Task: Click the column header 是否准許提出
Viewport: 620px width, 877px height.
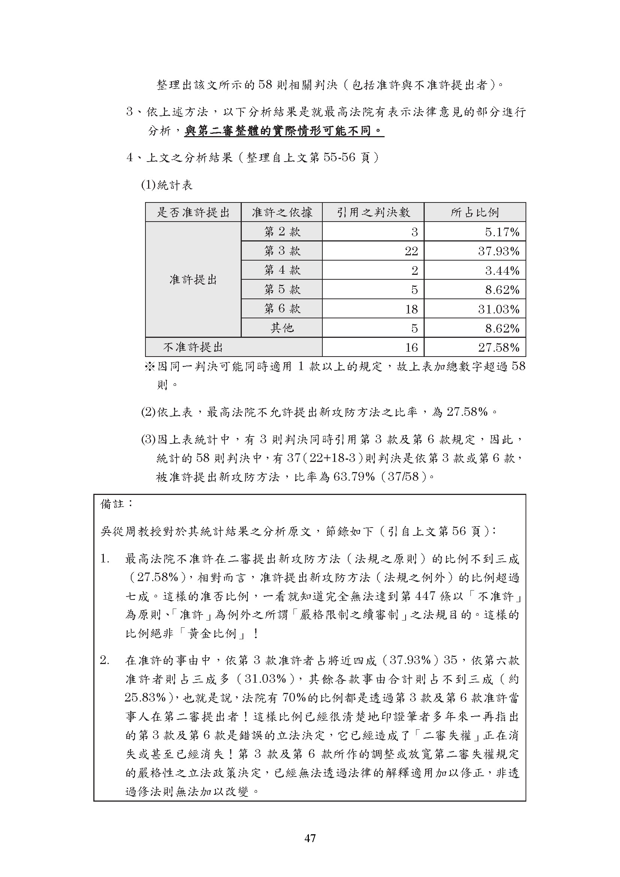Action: point(193,212)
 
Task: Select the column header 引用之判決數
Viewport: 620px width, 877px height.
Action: point(373,212)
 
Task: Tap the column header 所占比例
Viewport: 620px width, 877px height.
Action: point(475,212)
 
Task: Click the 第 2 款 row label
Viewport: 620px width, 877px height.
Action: point(282,231)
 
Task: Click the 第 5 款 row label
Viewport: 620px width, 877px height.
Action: point(282,289)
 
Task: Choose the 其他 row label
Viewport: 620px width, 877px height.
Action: point(282,328)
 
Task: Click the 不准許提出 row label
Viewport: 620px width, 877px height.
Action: point(193,347)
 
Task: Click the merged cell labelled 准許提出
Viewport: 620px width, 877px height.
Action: point(193,280)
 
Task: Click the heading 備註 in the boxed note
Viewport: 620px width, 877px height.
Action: point(112,504)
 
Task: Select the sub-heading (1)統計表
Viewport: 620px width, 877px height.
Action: point(167,185)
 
